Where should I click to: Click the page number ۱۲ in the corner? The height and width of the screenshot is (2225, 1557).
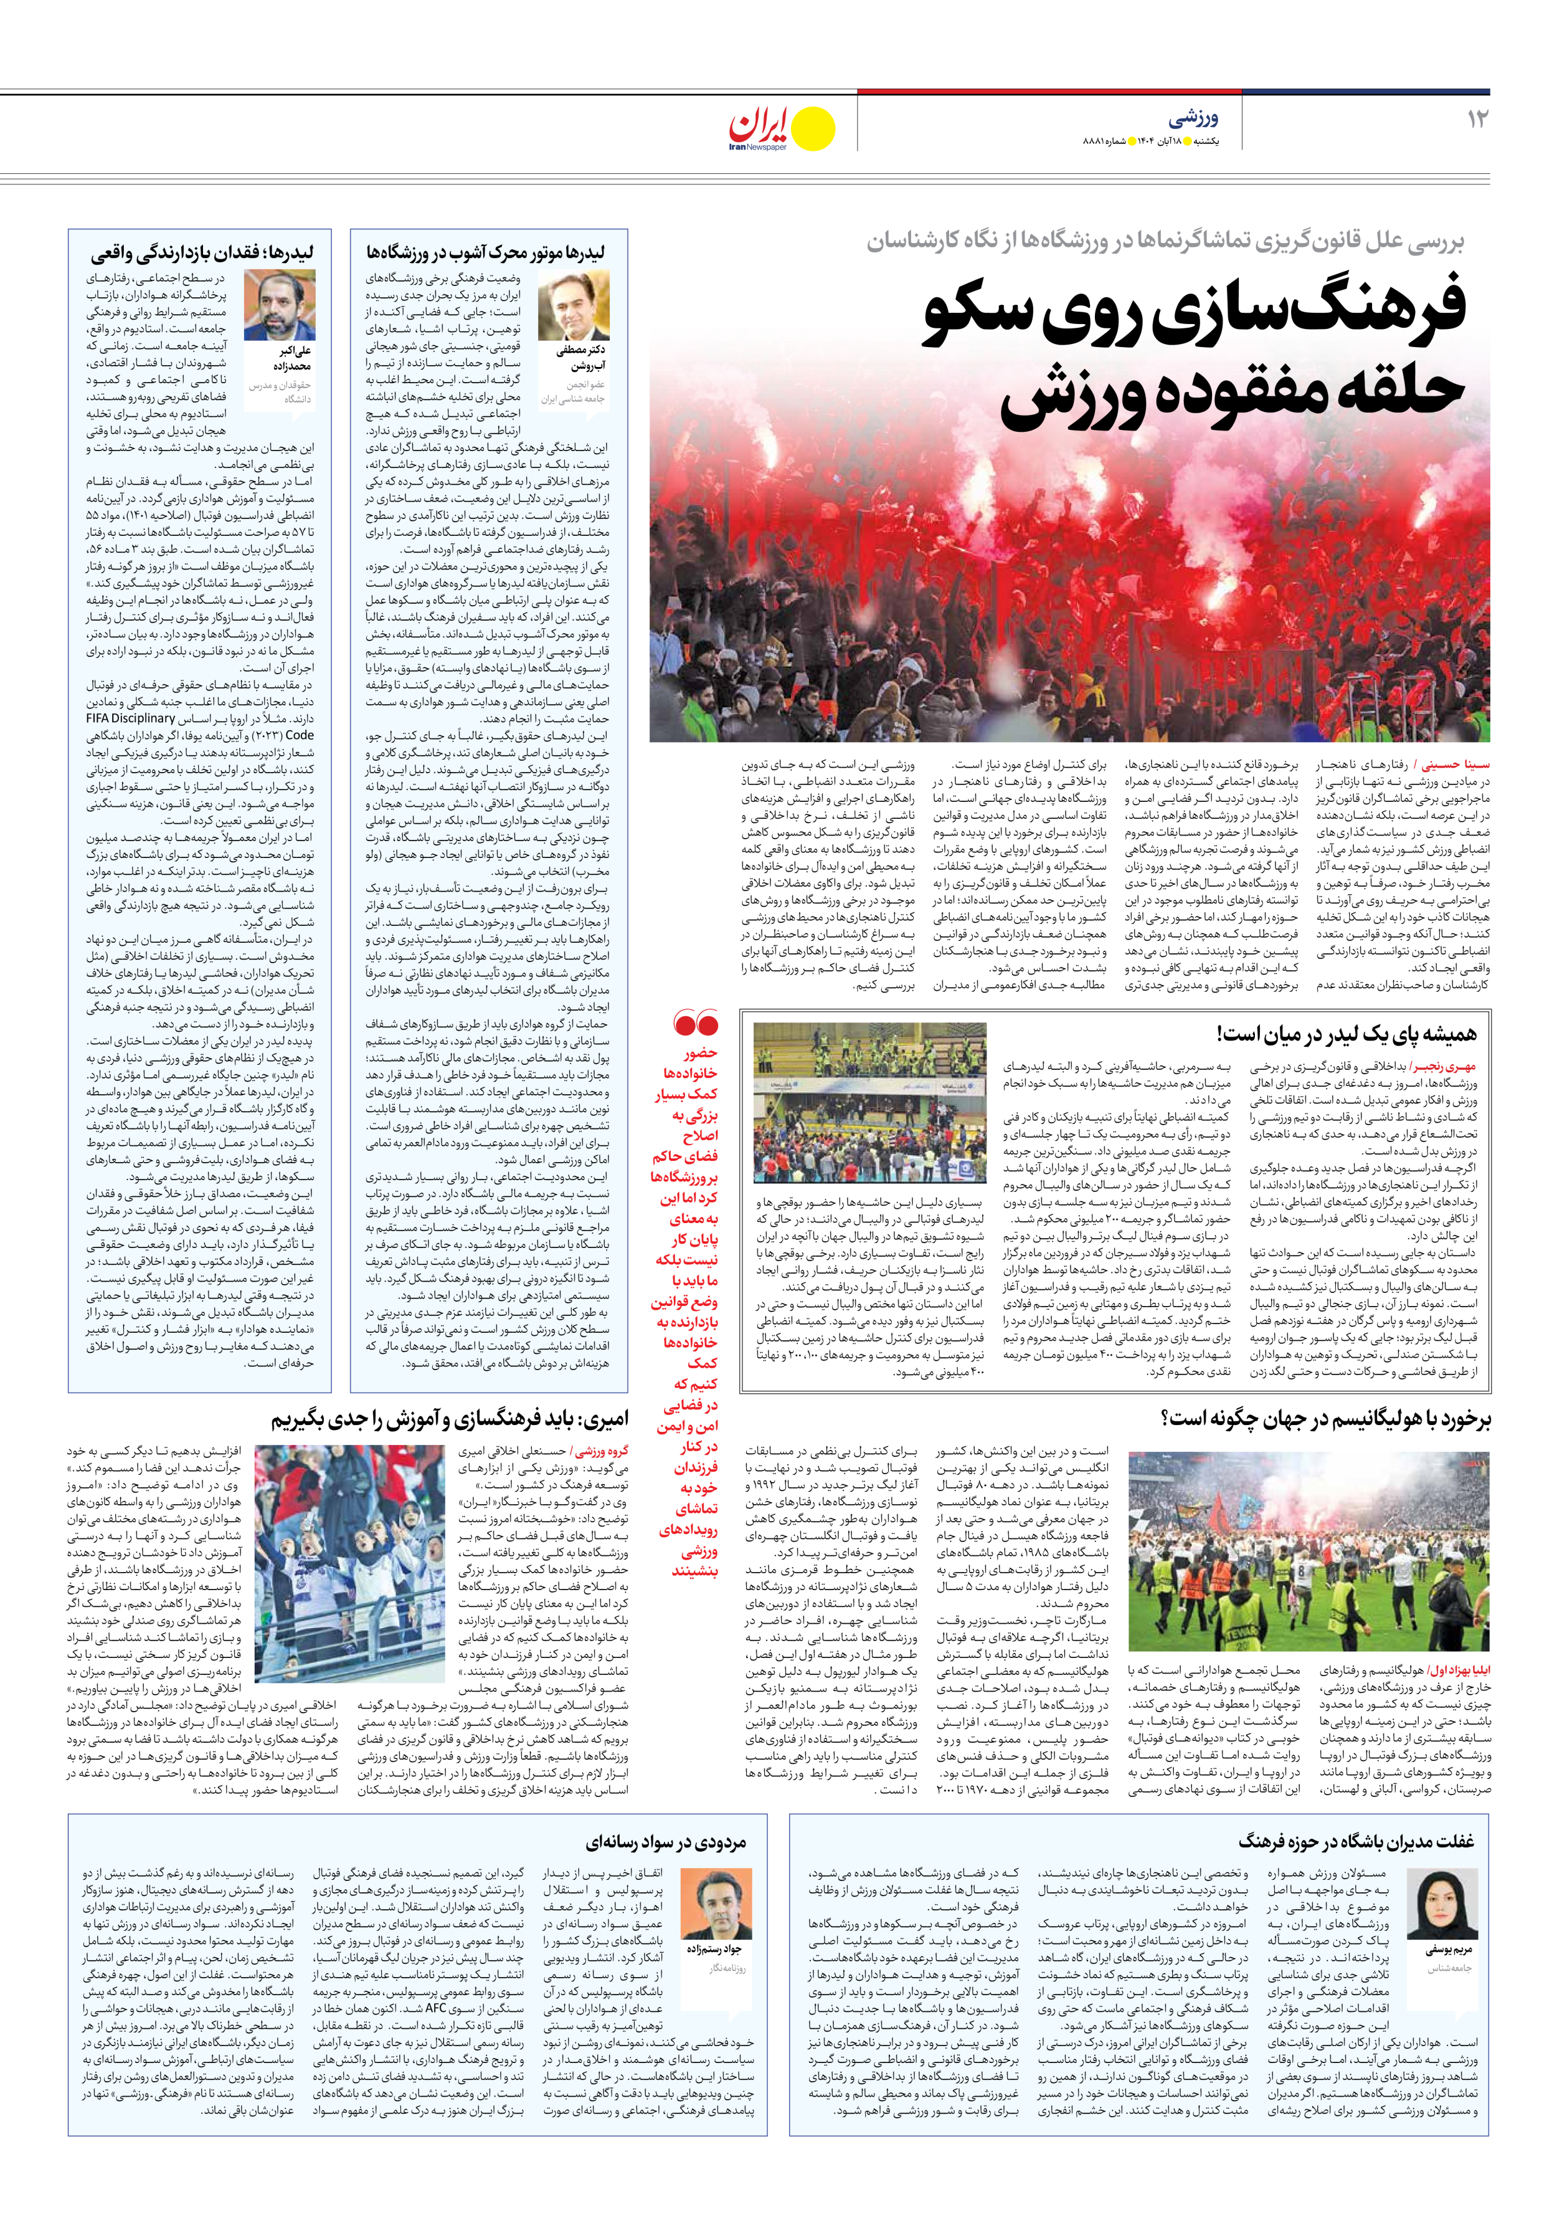point(1477,119)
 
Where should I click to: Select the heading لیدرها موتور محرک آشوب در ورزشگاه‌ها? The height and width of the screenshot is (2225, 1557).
point(485,253)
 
